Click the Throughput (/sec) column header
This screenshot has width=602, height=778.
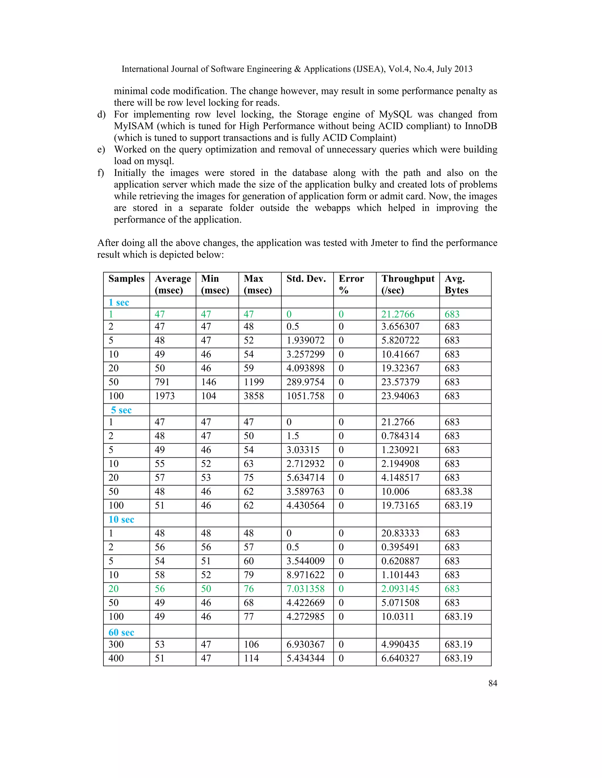point(408,284)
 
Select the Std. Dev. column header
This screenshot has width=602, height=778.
point(306,279)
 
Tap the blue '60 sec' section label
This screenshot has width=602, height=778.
point(121,632)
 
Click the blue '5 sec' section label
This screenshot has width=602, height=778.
point(121,410)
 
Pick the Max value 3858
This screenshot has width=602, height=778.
point(254,396)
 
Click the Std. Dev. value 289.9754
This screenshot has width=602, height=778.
point(305,382)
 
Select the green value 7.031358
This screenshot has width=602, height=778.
point(305,588)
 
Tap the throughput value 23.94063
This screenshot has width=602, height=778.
point(400,396)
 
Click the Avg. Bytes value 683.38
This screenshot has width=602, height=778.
point(458,491)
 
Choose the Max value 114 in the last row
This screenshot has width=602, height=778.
point(251,658)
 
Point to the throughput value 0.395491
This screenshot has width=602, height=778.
point(400,547)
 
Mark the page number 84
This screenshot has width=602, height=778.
point(493,683)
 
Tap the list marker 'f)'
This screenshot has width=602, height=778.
point(101,173)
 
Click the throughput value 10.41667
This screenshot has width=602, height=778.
point(400,354)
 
